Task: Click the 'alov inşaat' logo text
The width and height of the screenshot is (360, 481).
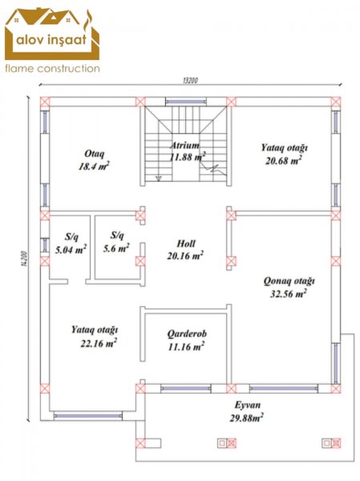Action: [x=51, y=39]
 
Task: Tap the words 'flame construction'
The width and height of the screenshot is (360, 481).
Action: [x=52, y=68]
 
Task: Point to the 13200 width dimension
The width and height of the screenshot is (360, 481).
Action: [x=190, y=80]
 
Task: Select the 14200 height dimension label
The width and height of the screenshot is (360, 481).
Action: [x=25, y=259]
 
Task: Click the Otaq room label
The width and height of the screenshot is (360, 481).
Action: [x=95, y=153]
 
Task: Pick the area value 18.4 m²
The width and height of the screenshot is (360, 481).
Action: [x=94, y=166]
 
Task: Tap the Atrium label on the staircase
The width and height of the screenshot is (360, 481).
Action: [x=185, y=145]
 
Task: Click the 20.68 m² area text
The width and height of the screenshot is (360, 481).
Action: [x=284, y=160]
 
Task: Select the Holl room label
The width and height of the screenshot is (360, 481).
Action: [x=186, y=244]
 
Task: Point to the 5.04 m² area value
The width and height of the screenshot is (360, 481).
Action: [x=71, y=249]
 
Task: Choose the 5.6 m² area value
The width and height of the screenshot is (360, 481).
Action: [x=116, y=248]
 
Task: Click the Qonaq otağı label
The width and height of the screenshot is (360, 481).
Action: [x=289, y=281]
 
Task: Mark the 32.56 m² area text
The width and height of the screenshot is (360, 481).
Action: [x=288, y=294]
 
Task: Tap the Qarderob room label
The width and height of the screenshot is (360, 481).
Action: [x=187, y=333]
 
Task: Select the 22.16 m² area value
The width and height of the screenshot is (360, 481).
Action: [x=99, y=342]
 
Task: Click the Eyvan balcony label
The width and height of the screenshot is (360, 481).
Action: [x=248, y=405]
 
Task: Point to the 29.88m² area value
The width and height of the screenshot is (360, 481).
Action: [x=247, y=418]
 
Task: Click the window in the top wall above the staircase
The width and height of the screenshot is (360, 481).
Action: [x=187, y=102]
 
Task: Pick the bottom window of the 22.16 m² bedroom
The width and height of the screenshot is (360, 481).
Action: [x=87, y=416]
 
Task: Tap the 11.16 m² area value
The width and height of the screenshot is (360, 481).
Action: [x=186, y=346]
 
